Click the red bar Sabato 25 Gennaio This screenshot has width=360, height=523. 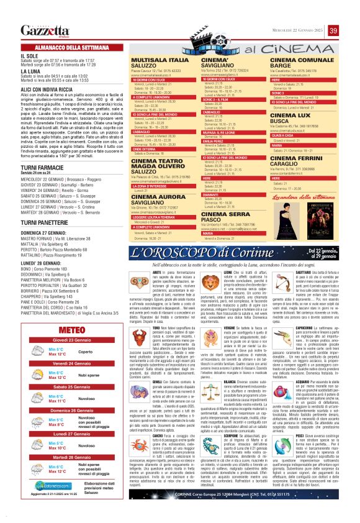[x=70, y=386]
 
